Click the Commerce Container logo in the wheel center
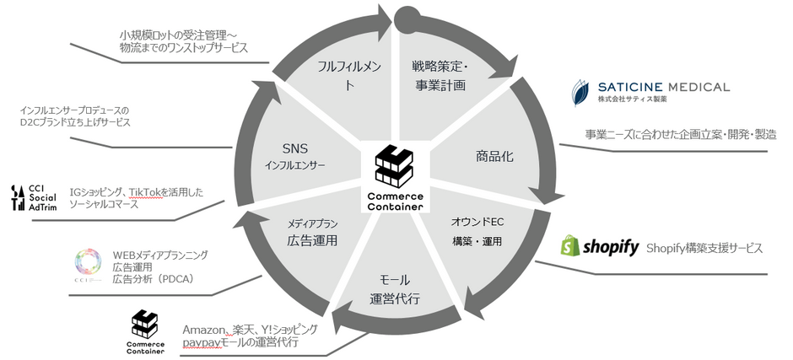point(396,178)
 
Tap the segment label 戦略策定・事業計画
point(439,76)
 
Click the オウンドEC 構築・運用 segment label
point(478,232)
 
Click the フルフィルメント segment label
point(349,76)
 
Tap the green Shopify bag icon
point(569,245)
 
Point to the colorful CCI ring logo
point(89,263)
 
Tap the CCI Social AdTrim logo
point(34,197)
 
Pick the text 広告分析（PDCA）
point(154,278)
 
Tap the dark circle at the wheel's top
point(407,19)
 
